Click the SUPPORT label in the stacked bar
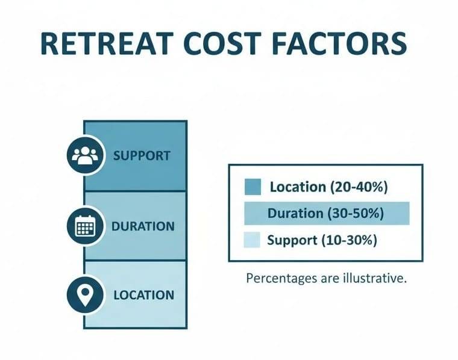point(142,156)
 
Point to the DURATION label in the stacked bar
point(143,227)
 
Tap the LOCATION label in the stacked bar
point(143,296)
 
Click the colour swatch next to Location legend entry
point(253,187)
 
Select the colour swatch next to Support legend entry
point(253,240)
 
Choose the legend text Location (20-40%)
point(328,187)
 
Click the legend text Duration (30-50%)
point(326,214)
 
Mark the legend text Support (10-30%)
point(322,240)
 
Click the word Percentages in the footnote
point(280,279)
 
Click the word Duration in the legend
point(294,214)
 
